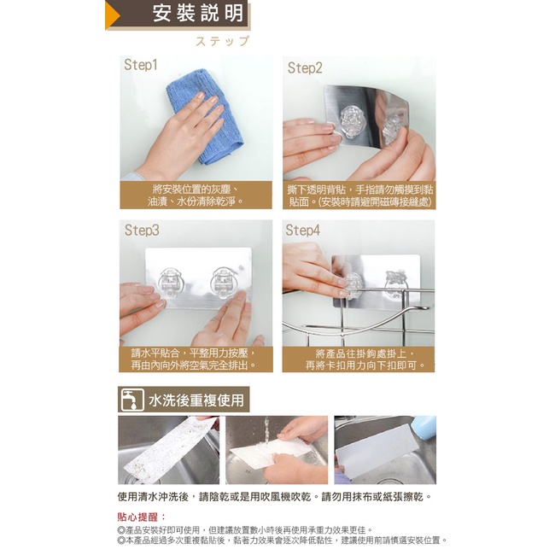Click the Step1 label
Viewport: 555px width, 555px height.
(141, 65)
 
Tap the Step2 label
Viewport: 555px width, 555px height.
(305, 67)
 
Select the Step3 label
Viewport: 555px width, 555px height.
(142, 230)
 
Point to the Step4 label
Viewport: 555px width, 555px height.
(302, 230)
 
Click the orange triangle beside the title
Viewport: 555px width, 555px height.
(113, 15)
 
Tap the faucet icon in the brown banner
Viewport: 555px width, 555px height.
(132, 400)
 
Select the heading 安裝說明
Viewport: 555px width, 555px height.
(198, 14)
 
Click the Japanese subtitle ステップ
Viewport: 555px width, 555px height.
(223, 41)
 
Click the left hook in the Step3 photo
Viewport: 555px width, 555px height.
(172, 283)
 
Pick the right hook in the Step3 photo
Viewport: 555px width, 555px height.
(223, 283)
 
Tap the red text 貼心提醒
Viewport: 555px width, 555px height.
(141, 517)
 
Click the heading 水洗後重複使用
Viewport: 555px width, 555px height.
(196, 400)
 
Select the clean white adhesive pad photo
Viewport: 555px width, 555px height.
(385, 450)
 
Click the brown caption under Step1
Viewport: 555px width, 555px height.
(196, 195)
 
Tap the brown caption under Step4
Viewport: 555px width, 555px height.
(359, 359)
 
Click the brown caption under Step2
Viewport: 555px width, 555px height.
(359, 196)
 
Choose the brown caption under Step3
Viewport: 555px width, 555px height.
(196, 359)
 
